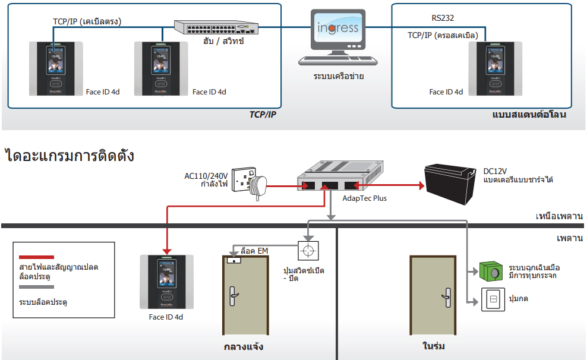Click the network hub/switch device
[x=216, y=27]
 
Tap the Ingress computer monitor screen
[x=337, y=28]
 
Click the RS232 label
[x=443, y=18]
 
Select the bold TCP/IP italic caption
[x=263, y=115]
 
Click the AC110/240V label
[x=206, y=176]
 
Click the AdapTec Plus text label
[x=364, y=198]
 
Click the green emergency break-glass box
[x=491, y=271]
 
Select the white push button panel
[x=493, y=299]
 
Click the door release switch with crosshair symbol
[x=308, y=250]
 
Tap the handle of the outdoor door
[x=233, y=296]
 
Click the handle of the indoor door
[x=447, y=298]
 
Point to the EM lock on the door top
[x=234, y=260]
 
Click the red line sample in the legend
[x=36, y=257]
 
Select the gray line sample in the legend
[x=36, y=287]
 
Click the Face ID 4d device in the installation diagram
[x=166, y=282]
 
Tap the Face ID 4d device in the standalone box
[x=496, y=68]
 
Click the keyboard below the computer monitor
[x=337, y=60]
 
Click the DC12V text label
[x=495, y=172]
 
